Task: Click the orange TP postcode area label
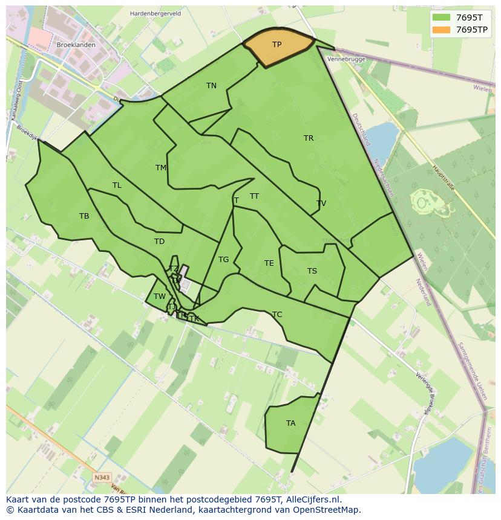[x=277, y=45]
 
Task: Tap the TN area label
[x=211, y=86]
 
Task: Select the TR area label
[x=309, y=138]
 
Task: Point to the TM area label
[x=161, y=168]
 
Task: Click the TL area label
[x=117, y=185]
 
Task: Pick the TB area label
[x=84, y=216]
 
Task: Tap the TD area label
[x=159, y=242]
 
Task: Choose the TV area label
[x=321, y=204]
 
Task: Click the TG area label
[x=223, y=260]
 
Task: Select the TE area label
[x=269, y=263]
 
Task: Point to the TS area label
[x=312, y=271]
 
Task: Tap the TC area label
[x=277, y=315]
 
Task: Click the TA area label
[x=290, y=423]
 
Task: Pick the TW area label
[x=159, y=297]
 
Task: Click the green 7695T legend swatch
[x=442, y=18]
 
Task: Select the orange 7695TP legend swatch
[x=442, y=30]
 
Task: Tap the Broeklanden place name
[x=76, y=45]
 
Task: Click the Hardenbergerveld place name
[x=155, y=13]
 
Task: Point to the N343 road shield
[x=102, y=478]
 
